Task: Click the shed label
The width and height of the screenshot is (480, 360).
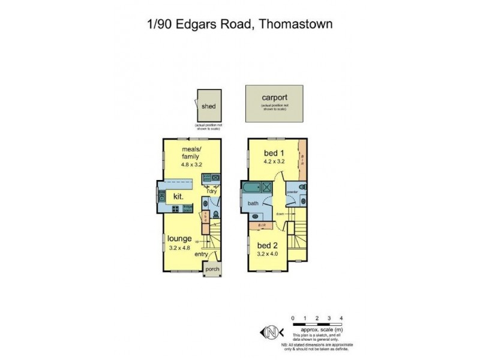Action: [208, 107]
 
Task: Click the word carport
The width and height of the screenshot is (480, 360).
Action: [274, 97]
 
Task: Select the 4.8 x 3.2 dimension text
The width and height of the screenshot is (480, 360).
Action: [192, 164]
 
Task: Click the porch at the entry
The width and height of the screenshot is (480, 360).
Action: [212, 269]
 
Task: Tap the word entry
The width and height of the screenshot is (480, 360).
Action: [201, 254]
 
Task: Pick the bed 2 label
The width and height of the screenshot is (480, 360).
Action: [267, 245]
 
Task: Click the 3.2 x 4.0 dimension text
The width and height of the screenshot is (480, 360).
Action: [267, 255]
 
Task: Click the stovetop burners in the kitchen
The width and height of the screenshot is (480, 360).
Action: [176, 209]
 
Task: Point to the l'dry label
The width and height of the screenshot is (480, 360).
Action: [212, 193]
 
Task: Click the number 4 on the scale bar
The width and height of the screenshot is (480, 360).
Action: [341, 317]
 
